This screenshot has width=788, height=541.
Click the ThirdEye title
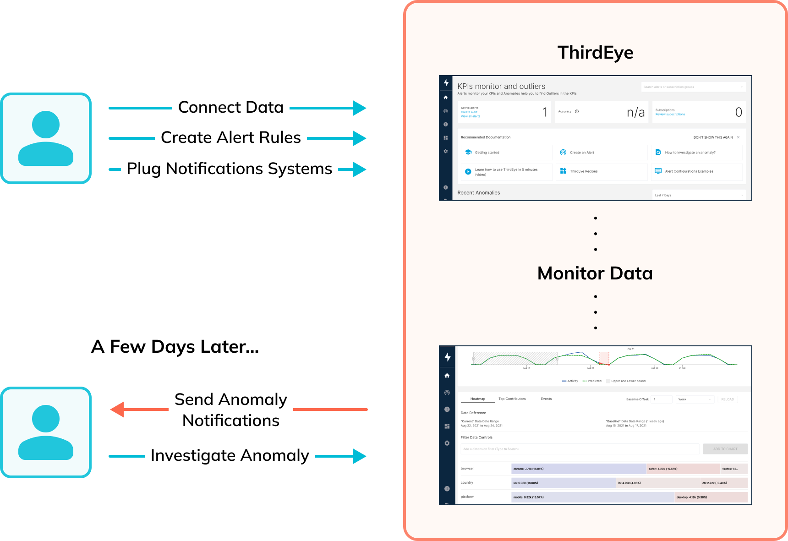(595, 53)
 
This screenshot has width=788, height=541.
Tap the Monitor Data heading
(595, 273)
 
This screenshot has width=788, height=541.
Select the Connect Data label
(230, 107)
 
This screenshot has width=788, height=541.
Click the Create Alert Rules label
(230, 137)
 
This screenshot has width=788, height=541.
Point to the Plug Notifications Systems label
(229, 169)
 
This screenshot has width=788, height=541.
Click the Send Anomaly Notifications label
(230, 410)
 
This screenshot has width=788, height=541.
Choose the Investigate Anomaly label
(230, 455)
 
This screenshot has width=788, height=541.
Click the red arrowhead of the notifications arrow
(118, 410)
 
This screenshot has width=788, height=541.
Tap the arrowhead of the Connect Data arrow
(359, 108)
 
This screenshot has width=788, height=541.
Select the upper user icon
(46, 138)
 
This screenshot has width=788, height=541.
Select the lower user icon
(46, 432)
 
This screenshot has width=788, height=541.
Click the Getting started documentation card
(506, 153)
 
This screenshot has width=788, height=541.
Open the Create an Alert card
(601, 153)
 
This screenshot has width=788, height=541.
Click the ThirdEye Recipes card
(601, 171)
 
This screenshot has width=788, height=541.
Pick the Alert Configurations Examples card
(696, 171)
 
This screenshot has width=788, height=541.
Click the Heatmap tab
(477, 399)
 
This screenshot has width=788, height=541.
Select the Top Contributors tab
(512, 399)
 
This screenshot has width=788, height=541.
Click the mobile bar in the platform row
(592, 497)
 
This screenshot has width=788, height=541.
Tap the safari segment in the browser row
(683, 469)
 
